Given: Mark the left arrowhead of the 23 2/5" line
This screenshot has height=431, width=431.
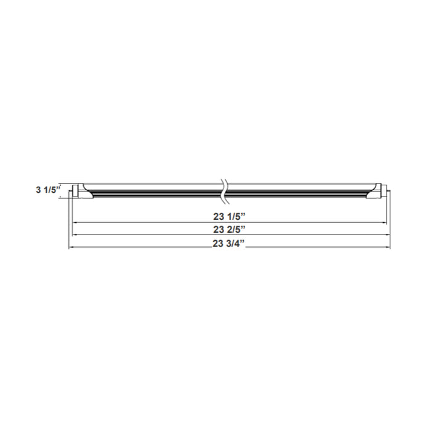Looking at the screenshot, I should coord(74,235).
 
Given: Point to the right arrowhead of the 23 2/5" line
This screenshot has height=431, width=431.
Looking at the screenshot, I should coord(385,235).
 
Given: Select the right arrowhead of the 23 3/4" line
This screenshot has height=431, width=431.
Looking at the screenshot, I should coord(389,248).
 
